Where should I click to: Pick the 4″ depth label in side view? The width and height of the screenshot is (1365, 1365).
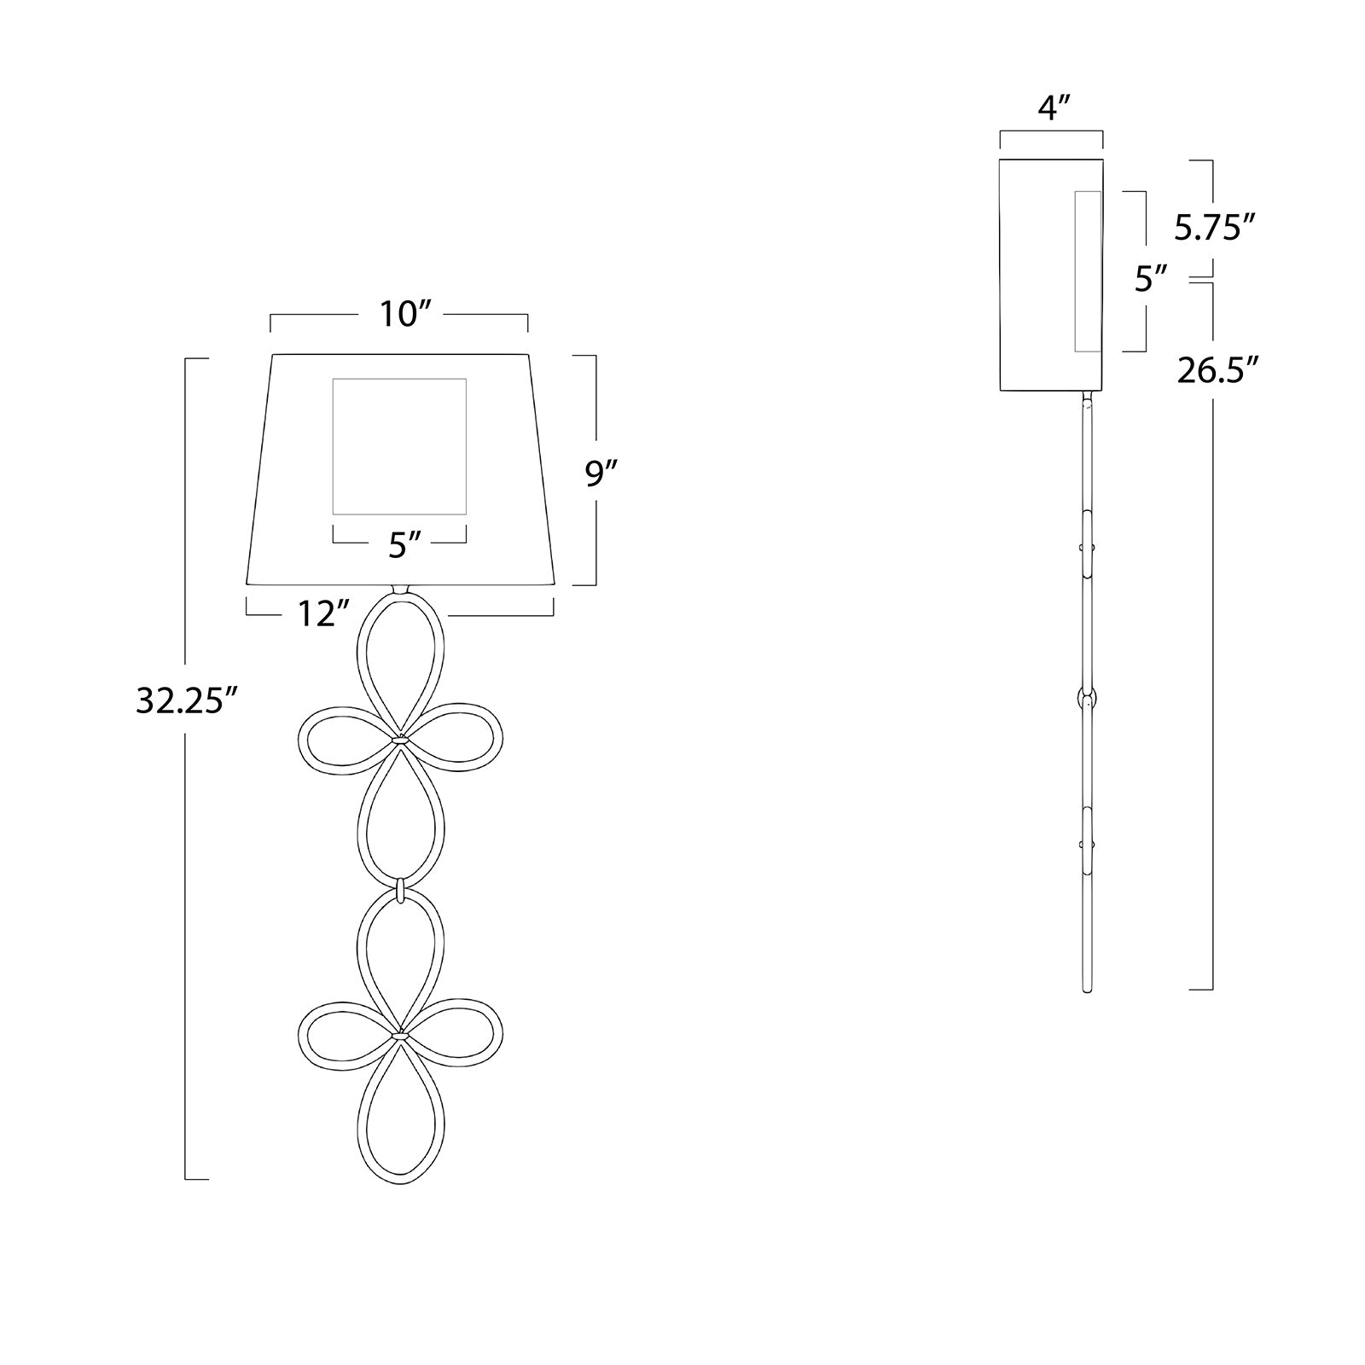[1053, 109]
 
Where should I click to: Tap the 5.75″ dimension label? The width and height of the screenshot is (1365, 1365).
[1215, 227]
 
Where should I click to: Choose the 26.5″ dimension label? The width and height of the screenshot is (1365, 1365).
[1218, 370]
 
